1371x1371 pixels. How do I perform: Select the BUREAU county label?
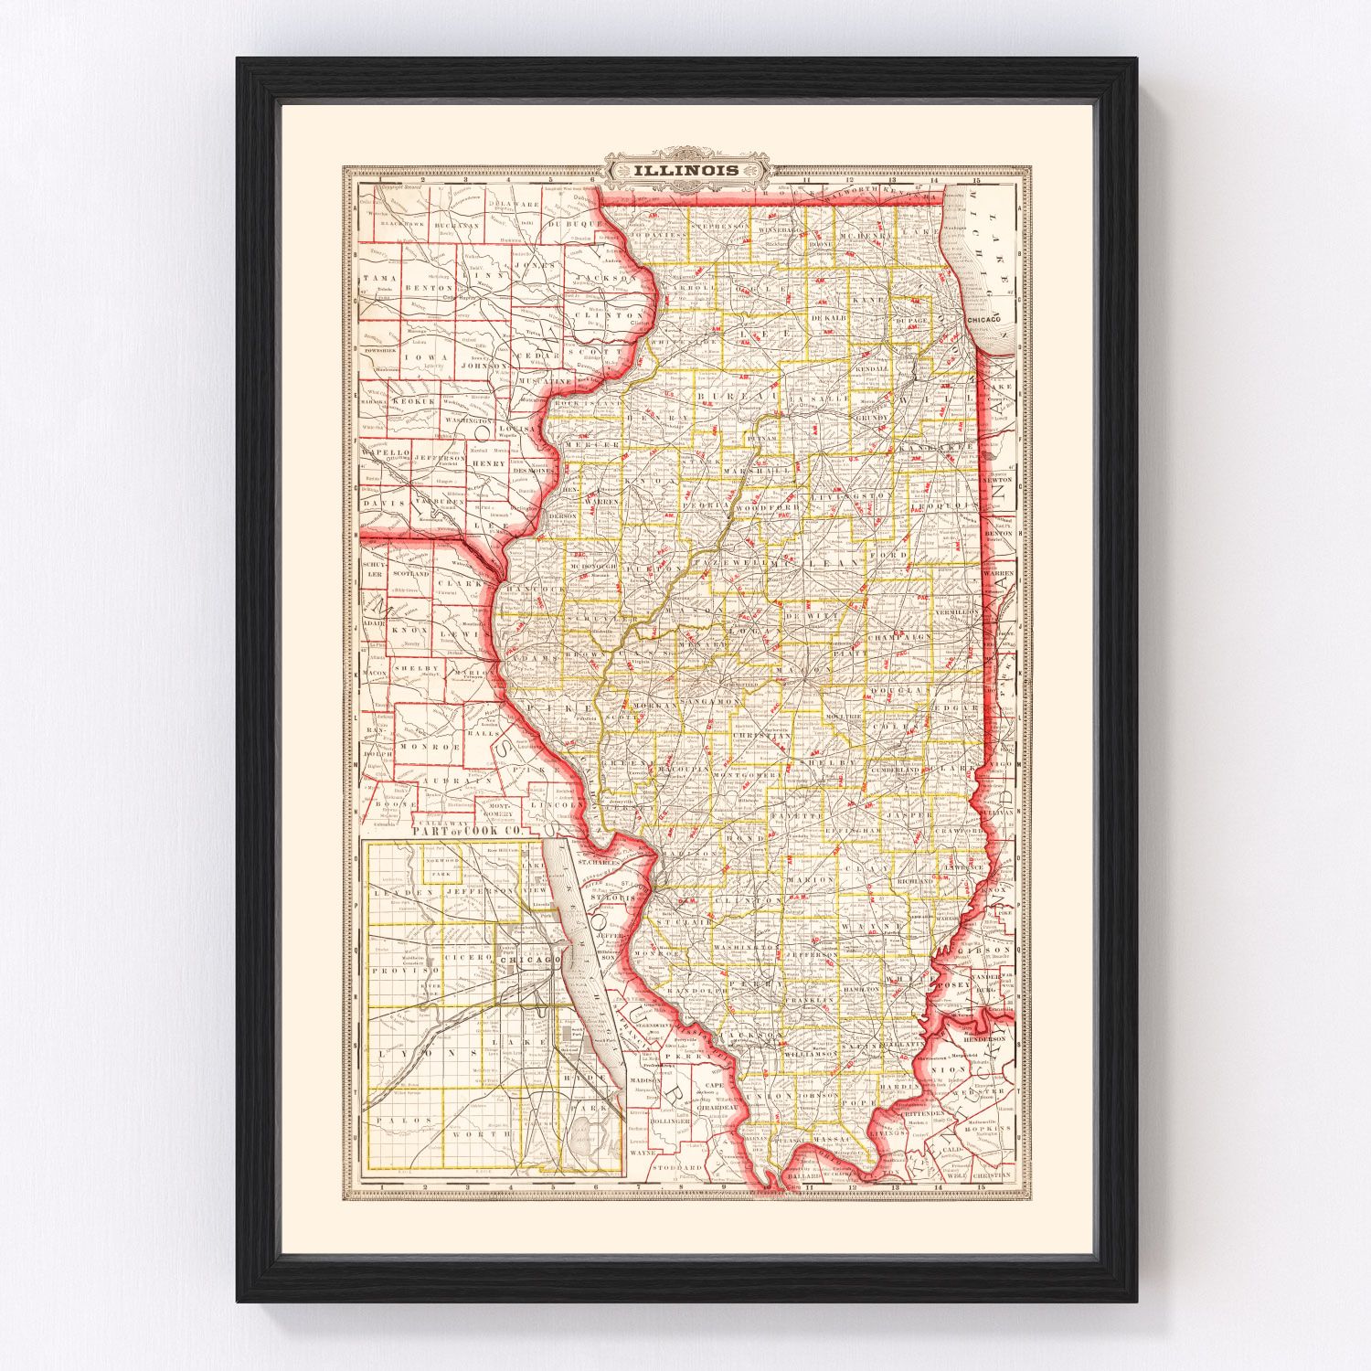coord(722,397)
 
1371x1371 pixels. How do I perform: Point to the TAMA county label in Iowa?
coord(376,276)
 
